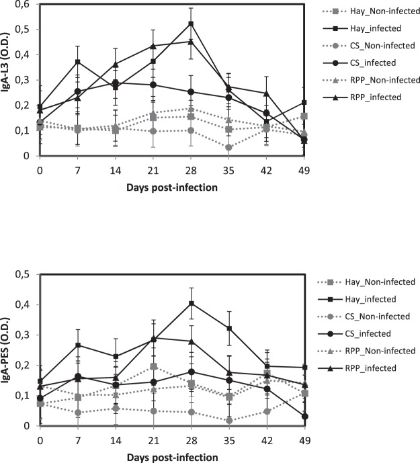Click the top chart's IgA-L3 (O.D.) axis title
click(x=8, y=79)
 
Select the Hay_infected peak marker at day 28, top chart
click(x=191, y=24)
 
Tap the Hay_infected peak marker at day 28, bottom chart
click(x=191, y=303)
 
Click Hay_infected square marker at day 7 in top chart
click(x=78, y=62)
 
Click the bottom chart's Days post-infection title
click(x=172, y=458)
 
